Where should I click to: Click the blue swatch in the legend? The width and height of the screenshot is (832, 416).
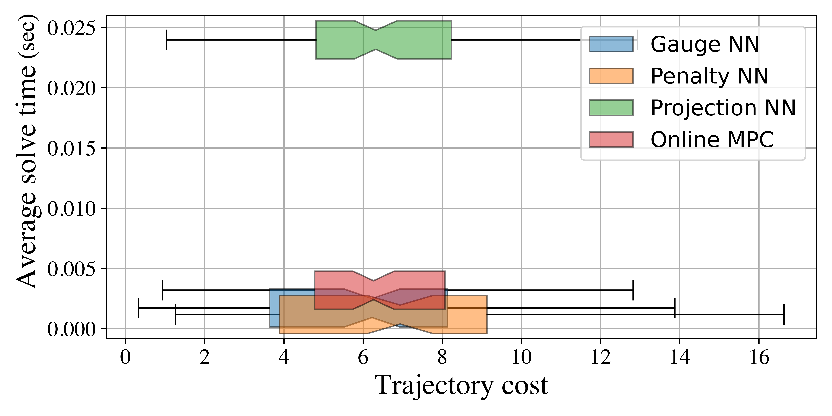pos(611,44)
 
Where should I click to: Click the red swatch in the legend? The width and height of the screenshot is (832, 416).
pos(611,140)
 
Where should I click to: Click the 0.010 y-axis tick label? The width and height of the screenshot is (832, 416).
pos(72,208)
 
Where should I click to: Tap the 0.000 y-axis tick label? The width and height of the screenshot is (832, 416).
pos(72,329)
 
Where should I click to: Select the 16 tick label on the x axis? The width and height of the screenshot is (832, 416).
pos(759,358)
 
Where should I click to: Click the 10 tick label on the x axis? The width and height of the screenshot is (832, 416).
pos(521,358)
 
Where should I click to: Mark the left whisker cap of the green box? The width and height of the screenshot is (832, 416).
pos(166,40)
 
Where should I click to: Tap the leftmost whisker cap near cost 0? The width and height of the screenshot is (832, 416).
pos(139,308)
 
